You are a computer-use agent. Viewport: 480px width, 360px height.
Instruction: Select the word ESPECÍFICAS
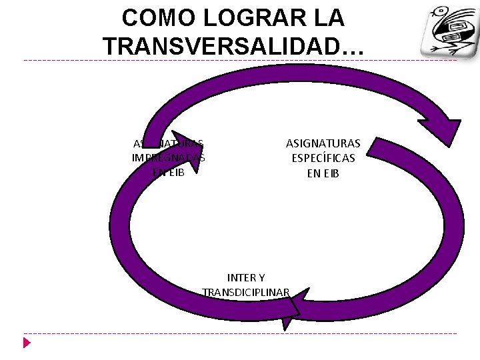tap(323, 159)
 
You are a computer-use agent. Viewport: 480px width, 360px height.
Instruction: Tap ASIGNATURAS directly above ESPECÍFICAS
tap(323, 143)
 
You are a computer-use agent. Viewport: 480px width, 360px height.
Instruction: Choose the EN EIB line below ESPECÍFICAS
tap(323, 174)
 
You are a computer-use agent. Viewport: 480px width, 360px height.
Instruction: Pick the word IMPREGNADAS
tap(169, 158)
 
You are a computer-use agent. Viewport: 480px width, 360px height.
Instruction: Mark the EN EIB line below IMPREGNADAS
tap(169, 172)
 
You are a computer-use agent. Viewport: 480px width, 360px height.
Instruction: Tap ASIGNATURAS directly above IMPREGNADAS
tap(169, 143)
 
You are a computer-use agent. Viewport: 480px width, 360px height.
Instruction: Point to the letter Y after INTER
tap(261, 277)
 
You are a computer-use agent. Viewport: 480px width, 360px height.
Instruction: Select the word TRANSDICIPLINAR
tap(246, 292)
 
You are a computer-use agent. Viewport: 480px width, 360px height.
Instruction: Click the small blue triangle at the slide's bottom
tap(27, 343)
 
